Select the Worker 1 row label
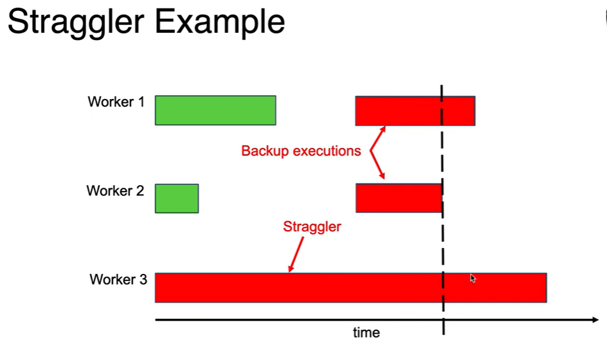[116, 102]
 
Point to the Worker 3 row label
[118, 280]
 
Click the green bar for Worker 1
[215, 110]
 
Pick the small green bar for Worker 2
[177, 198]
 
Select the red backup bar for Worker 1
[415, 111]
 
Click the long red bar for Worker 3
[350, 287]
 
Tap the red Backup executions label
[301, 152]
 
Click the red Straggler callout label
[312, 227]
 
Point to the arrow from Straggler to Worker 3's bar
[296, 253]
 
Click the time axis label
[367, 333]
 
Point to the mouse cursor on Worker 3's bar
[473, 278]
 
